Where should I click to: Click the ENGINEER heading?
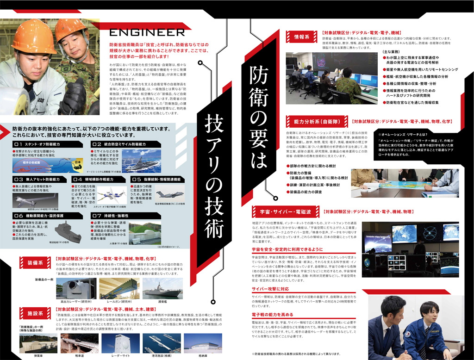[147, 32]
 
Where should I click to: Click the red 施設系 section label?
[35, 313]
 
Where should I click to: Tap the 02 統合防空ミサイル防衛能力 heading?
[118, 144]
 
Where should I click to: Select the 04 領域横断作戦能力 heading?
[95, 179]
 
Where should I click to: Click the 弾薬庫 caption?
[39, 356]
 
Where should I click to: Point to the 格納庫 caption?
[203, 356]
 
